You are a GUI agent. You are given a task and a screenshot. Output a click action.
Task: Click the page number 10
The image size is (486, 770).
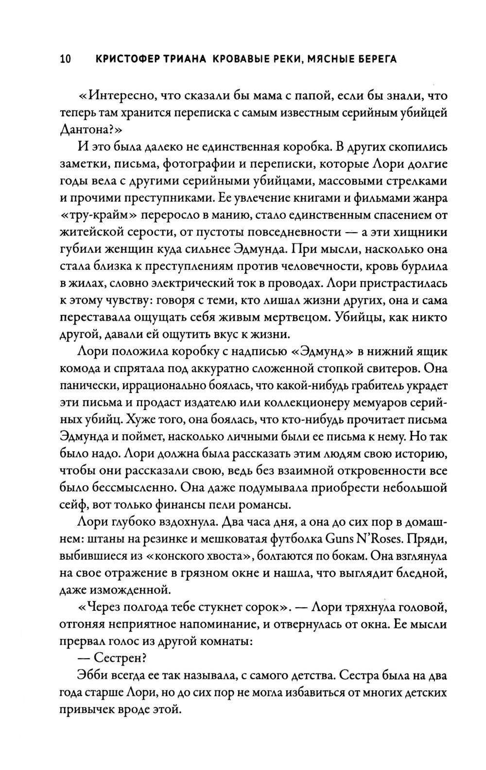pyautogui.click(x=65, y=59)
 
